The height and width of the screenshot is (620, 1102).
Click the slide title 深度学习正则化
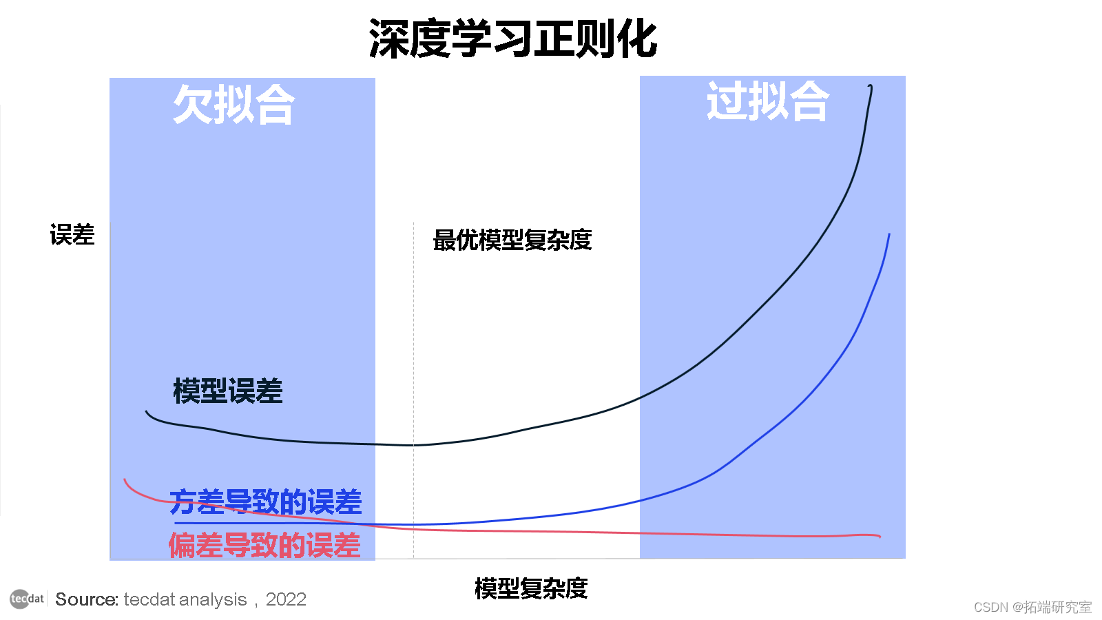[x=513, y=39]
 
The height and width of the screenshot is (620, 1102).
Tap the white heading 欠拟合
[x=234, y=105]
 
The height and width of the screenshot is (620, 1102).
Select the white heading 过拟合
[x=767, y=101]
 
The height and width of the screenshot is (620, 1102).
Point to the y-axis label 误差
[x=72, y=235]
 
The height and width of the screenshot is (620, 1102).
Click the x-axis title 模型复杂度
[x=531, y=588]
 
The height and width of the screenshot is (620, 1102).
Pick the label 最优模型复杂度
[x=512, y=240]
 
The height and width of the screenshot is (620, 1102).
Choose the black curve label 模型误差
[x=228, y=391]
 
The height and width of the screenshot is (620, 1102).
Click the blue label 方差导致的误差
[x=265, y=502]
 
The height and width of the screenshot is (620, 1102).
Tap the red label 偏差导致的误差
[x=264, y=546]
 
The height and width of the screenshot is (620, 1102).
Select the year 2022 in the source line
[x=286, y=599]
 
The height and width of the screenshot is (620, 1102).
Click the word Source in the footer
[x=87, y=599]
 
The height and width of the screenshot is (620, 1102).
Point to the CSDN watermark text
[x=1032, y=607]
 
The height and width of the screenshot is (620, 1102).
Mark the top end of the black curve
[x=871, y=87]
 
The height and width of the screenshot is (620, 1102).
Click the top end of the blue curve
[x=889, y=236]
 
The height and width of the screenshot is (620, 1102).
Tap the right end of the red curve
[x=880, y=536]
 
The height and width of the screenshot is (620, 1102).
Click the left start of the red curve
[x=125, y=480]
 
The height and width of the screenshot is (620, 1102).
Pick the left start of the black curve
[x=147, y=412]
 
